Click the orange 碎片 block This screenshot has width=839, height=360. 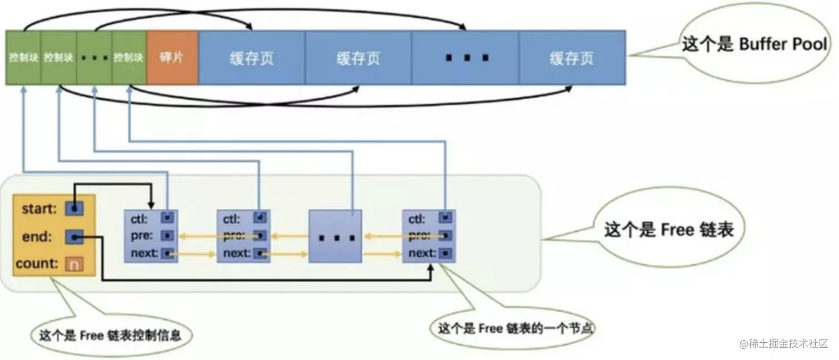point(173,58)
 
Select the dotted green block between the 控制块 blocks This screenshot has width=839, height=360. point(94,58)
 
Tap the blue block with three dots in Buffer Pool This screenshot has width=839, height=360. point(465,58)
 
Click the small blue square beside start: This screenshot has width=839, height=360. point(74,209)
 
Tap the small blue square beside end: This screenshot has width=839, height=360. point(74,237)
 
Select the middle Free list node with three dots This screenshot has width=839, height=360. point(335,236)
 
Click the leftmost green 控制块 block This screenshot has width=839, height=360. point(23,58)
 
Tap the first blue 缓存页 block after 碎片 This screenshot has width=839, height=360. point(251,58)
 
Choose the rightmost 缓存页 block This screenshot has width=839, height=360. point(572,58)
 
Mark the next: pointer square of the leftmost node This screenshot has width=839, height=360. point(167,254)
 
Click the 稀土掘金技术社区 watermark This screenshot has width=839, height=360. point(783,344)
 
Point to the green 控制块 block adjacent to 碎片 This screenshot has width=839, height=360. point(129,58)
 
